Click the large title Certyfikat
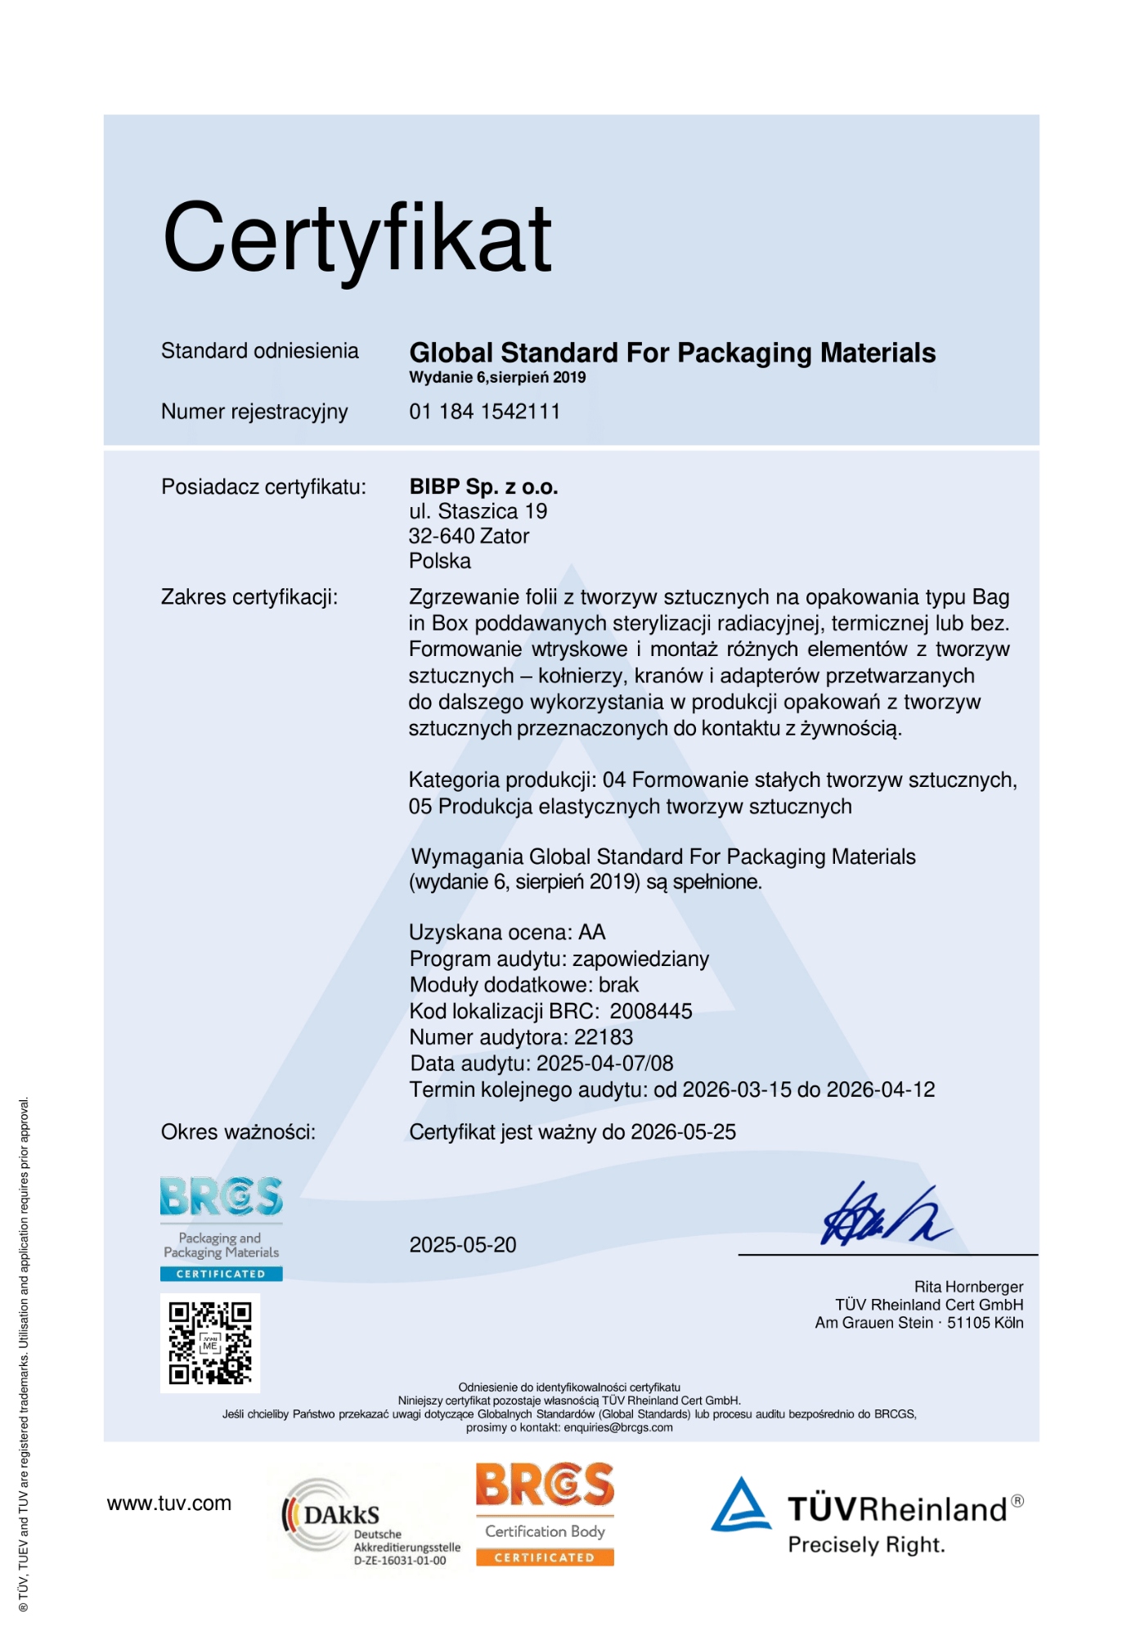pyautogui.click(x=357, y=239)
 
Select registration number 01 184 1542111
pyautogui.click(x=484, y=411)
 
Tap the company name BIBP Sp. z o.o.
pyautogui.click(x=483, y=487)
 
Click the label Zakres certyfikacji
pyautogui.click(x=249, y=597)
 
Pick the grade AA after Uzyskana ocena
pyautogui.click(x=592, y=933)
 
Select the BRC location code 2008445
pyautogui.click(x=651, y=1011)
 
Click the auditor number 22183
pyautogui.click(x=604, y=1037)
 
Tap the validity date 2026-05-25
pyautogui.click(x=684, y=1132)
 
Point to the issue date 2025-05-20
pyautogui.click(x=463, y=1245)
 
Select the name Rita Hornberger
pyautogui.click(x=968, y=1287)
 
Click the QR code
pyautogui.click(x=210, y=1343)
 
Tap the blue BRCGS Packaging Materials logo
pyautogui.click(x=221, y=1227)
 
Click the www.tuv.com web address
pyautogui.click(x=169, y=1503)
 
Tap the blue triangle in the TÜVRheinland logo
pyautogui.click(x=741, y=1505)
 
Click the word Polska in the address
pyautogui.click(x=440, y=561)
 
